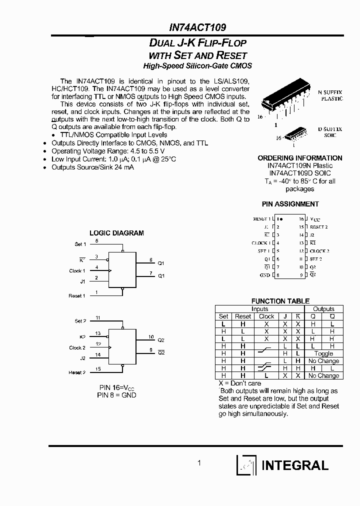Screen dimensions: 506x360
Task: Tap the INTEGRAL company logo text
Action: pyautogui.click(x=294, y=465)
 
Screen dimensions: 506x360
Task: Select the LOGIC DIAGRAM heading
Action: pyautogui.click(x=116, y=233)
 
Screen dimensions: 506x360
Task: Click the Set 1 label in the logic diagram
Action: pyautogui.click(x=80, y=244)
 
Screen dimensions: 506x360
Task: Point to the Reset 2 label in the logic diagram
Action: pyautogui.click(x=77, y=372)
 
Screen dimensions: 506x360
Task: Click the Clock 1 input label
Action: pyautogui.click(x=77, y=271)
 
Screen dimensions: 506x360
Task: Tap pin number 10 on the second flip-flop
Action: pyautogui.click(x=151, y=337)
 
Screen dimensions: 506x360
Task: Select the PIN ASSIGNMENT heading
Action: pyautogui.click(x=290, y=204)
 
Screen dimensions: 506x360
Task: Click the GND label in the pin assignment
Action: pyautogui.click(x=264, y=275)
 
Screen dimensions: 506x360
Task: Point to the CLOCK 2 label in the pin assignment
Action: pyautogui.click(x=319, y=251)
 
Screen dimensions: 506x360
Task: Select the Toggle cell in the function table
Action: pyautogui.click(x=323, y=353)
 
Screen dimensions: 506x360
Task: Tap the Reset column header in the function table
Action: pyautogui.click(x=243, y=316)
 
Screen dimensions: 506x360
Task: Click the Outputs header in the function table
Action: pyautogui.click(x=323, y=309)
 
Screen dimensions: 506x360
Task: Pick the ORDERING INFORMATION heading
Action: pyautogui.click(x=299, y=158)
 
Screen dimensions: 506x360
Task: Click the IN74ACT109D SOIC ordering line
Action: pyautogui.click(x=299, y=173)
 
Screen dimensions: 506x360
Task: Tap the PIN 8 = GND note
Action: pyautogui.click(x=116, y=395)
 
